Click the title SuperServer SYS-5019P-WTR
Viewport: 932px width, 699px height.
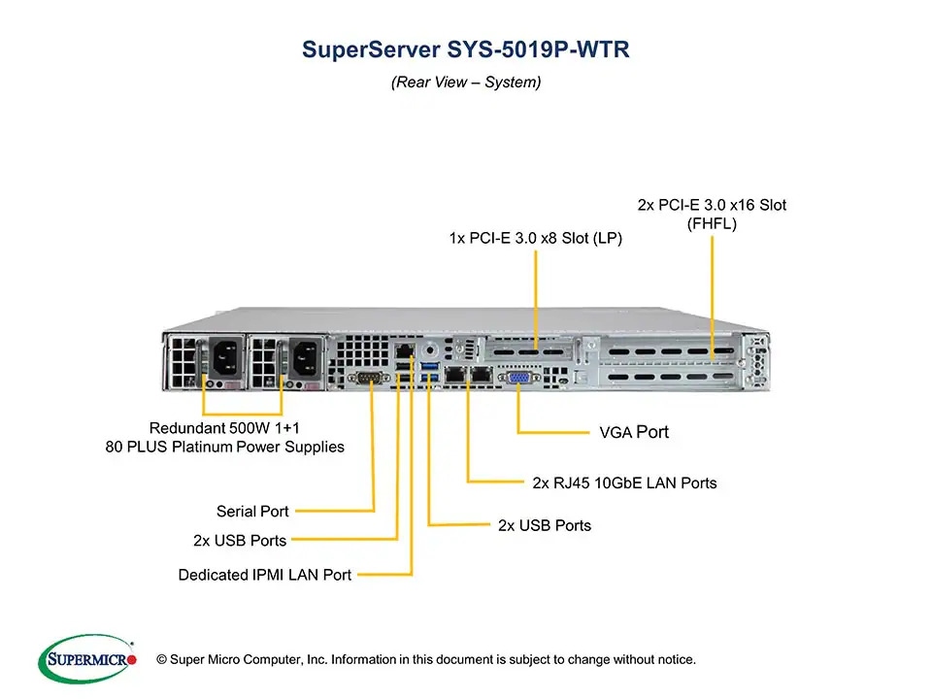coord(466,50)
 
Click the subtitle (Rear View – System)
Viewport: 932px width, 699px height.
coord(466,83)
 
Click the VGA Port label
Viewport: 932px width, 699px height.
coord(634,432)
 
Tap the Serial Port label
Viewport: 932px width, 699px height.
coord(252,511)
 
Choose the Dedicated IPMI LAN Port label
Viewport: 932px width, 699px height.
coord(265,575)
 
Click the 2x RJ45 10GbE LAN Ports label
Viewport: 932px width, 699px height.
coord(625,483)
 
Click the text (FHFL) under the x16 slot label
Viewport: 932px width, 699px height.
coord(712,223)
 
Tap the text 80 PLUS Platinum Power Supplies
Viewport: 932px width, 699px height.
coord(224,448)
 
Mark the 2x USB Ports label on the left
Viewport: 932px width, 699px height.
coord(240,540)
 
